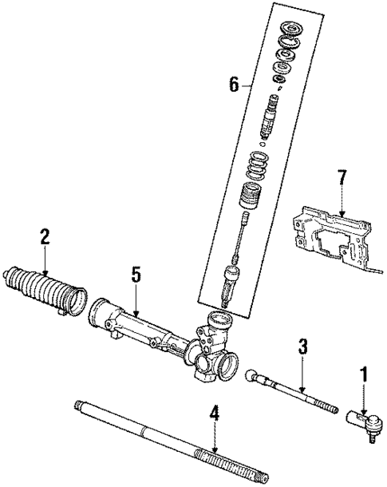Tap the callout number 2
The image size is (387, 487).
coord(45,236)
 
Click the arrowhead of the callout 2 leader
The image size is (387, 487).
coord(45,276)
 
